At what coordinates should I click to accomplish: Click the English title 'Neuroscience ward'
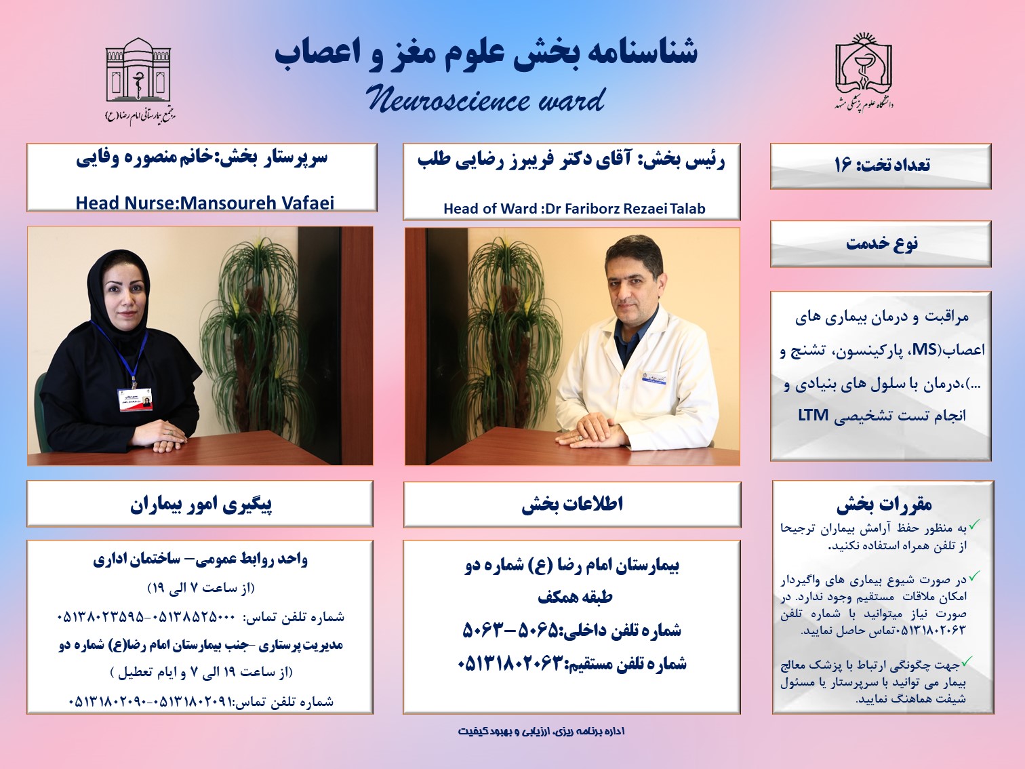tap(485, 100)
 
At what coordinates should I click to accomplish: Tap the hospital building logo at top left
tap(139, 79)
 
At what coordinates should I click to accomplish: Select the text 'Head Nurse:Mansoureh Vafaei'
tap(205, 203)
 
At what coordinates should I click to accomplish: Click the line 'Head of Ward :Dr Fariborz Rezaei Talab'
tap(574, 209)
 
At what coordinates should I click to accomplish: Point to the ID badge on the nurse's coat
tap(134, 399)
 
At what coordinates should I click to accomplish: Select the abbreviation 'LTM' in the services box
tap(813, 414)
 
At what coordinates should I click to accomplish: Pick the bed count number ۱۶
tap(843, 165)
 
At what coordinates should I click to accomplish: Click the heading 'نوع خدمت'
tap(882, 243)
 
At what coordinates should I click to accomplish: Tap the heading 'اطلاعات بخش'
tap(573, 505)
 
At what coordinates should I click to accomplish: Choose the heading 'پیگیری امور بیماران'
tap(201, 505)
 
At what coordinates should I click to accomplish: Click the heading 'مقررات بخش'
tap(884, 504)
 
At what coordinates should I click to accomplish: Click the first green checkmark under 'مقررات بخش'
tap(974, 525)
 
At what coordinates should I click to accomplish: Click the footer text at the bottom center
tap(541, 731)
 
